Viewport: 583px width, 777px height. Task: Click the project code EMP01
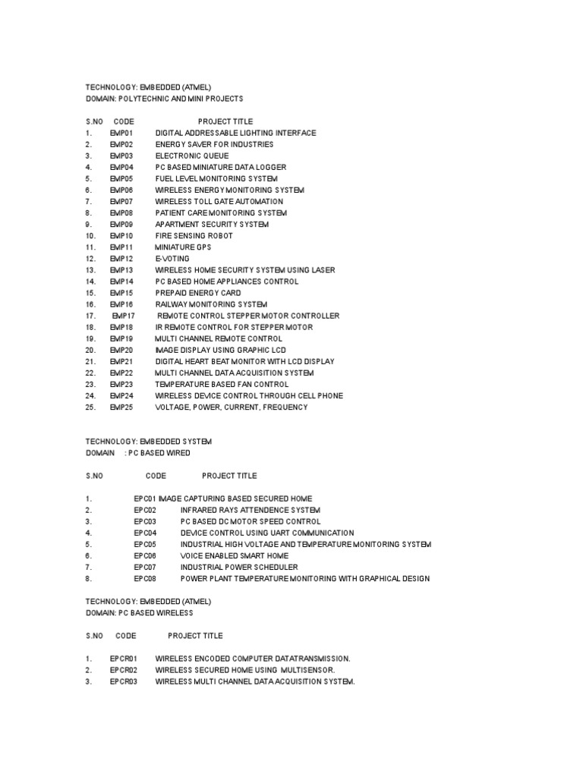click(x=121, y=133)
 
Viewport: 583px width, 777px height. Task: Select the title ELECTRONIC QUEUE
click(x=191, y=156)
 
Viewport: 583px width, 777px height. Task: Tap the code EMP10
click(x=121, y=236)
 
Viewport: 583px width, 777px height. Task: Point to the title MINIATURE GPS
click(x=183, y=247)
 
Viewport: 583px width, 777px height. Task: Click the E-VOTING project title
click(x=172, y=259)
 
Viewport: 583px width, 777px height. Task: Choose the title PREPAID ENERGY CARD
click(x=198, y=293)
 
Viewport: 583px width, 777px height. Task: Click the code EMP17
click(x=123, y=316)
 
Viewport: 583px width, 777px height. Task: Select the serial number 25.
click(x=90, y=407)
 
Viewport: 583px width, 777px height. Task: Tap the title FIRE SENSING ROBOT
click(x=194, y=236)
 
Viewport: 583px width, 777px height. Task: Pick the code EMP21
click(x=121, y=362)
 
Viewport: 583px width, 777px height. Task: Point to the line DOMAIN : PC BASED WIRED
click(x=137, y=453)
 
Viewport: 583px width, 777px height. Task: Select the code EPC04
click(x=145, y=533)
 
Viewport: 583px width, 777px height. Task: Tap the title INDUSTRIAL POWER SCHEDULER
click(x=239, y=568)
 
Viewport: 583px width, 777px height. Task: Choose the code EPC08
click(x=145, y=579)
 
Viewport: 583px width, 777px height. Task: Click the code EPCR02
click(x=123, y=671)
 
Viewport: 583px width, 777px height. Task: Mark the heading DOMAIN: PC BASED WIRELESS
click(x=139, y=613)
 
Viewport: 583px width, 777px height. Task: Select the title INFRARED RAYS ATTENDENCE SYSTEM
click(x=251, y=511)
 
